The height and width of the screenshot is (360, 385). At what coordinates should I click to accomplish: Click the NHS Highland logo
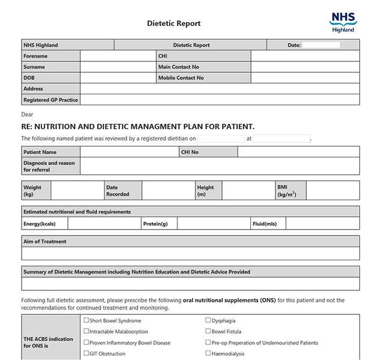coord(343,22)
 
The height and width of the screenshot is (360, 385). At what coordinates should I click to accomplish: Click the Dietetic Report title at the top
coord(174,23)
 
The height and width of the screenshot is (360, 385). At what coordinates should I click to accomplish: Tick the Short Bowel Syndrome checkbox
coord(86,320)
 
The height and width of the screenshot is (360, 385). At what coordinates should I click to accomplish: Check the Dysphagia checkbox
coord(208,320)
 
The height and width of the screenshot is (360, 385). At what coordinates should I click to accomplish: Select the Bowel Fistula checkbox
coord(208,331)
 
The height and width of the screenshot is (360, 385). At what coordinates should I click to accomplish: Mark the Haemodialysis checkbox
coord(208,353)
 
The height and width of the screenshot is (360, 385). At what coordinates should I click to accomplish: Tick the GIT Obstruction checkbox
coord(86,353)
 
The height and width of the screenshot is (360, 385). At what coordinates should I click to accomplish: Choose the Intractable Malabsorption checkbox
coord(86,331)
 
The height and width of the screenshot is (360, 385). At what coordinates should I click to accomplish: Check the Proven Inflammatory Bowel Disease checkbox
coord(86,343)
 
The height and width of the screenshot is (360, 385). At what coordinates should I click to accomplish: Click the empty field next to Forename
coord(117,56)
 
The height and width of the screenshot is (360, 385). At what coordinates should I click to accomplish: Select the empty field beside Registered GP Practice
coord(220,100)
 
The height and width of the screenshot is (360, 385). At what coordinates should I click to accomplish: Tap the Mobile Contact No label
coord(181,78)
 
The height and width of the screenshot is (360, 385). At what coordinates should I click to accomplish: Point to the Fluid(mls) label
coord(265,224)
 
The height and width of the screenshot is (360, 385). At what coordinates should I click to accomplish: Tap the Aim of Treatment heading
coord(45,242)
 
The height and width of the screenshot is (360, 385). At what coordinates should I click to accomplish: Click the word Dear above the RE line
coord(28,114)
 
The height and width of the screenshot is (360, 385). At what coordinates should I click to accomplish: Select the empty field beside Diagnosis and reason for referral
coord(220,166)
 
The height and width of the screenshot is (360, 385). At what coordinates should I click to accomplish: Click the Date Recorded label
coord(117,191)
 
